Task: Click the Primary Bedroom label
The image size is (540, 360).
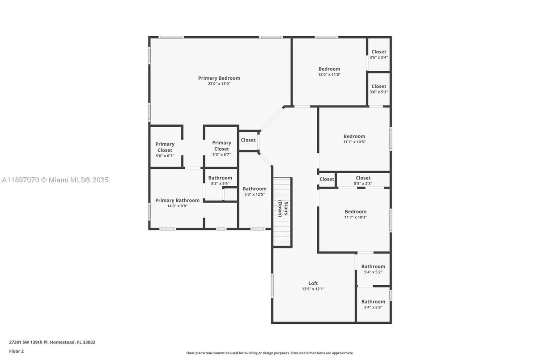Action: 219,78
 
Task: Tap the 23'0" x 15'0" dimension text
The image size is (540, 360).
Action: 219,84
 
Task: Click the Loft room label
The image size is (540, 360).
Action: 313,283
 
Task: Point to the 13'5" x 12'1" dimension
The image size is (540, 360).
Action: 313,289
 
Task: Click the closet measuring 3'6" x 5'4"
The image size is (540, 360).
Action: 378,54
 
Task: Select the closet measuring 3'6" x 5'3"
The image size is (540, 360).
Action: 378,89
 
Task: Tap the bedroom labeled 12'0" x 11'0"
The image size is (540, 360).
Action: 329,72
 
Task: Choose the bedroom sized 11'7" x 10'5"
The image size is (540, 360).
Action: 354,139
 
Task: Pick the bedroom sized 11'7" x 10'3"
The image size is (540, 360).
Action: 355,214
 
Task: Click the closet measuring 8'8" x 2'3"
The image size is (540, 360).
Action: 363,180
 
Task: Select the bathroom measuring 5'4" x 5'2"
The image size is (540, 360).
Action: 373,269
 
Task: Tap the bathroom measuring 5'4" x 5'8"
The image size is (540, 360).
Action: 373,304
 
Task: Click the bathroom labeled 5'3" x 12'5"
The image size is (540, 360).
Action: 255,191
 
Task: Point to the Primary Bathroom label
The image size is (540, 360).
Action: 177,200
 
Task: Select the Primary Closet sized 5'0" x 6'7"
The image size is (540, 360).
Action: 165,150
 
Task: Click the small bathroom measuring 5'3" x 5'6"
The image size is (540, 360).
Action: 220,180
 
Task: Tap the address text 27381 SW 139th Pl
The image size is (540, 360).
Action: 52,342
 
